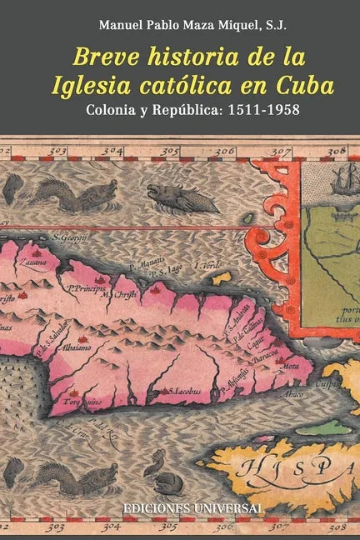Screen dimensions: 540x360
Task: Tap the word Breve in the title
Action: (101, 57)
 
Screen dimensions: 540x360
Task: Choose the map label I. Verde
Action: (207, 266)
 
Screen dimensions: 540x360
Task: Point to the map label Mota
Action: (292, 364)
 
